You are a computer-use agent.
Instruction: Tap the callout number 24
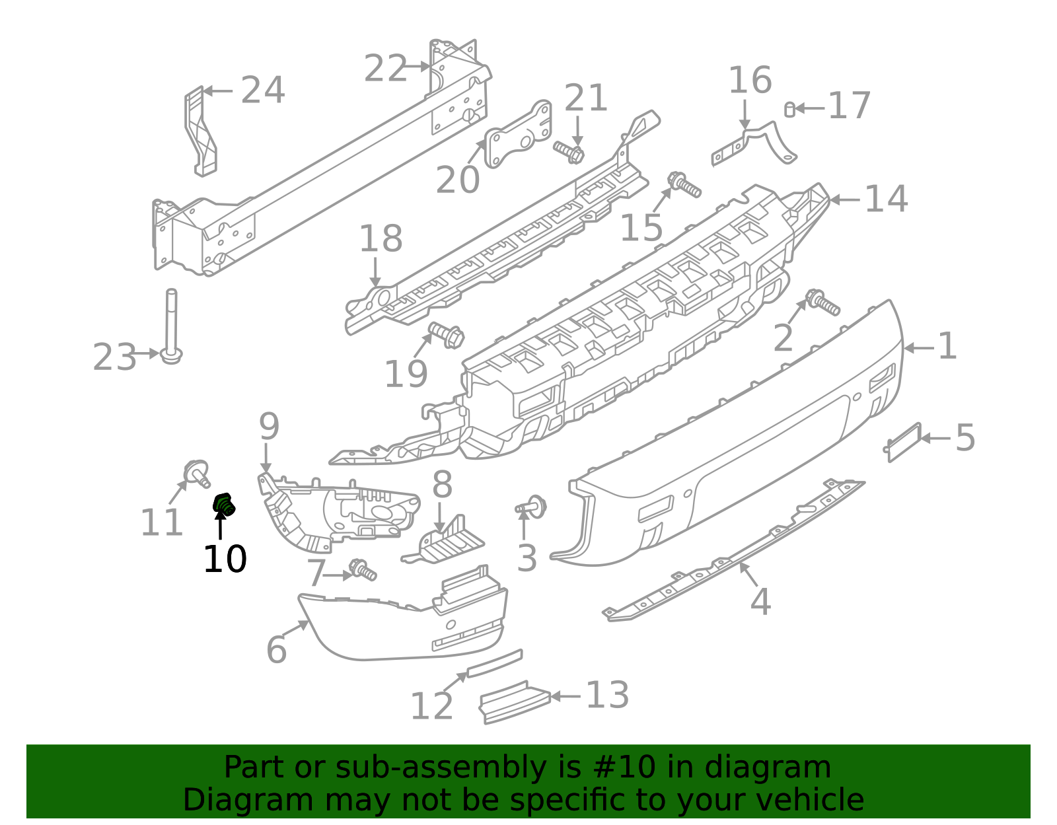pos(262,90)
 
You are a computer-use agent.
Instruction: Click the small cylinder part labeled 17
pos(789,110)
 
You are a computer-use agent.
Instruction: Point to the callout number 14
pos(886,199)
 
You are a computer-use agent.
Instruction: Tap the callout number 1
pos(947,347)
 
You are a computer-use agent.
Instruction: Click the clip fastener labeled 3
pos(534,507)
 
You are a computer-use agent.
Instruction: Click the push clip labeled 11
pos(196,472)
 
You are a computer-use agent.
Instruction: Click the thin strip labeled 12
pos(494,663)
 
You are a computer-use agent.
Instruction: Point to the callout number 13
pos(607,696)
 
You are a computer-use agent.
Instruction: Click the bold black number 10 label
pos(225,559)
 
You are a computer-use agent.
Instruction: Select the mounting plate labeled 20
pos(519,136)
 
